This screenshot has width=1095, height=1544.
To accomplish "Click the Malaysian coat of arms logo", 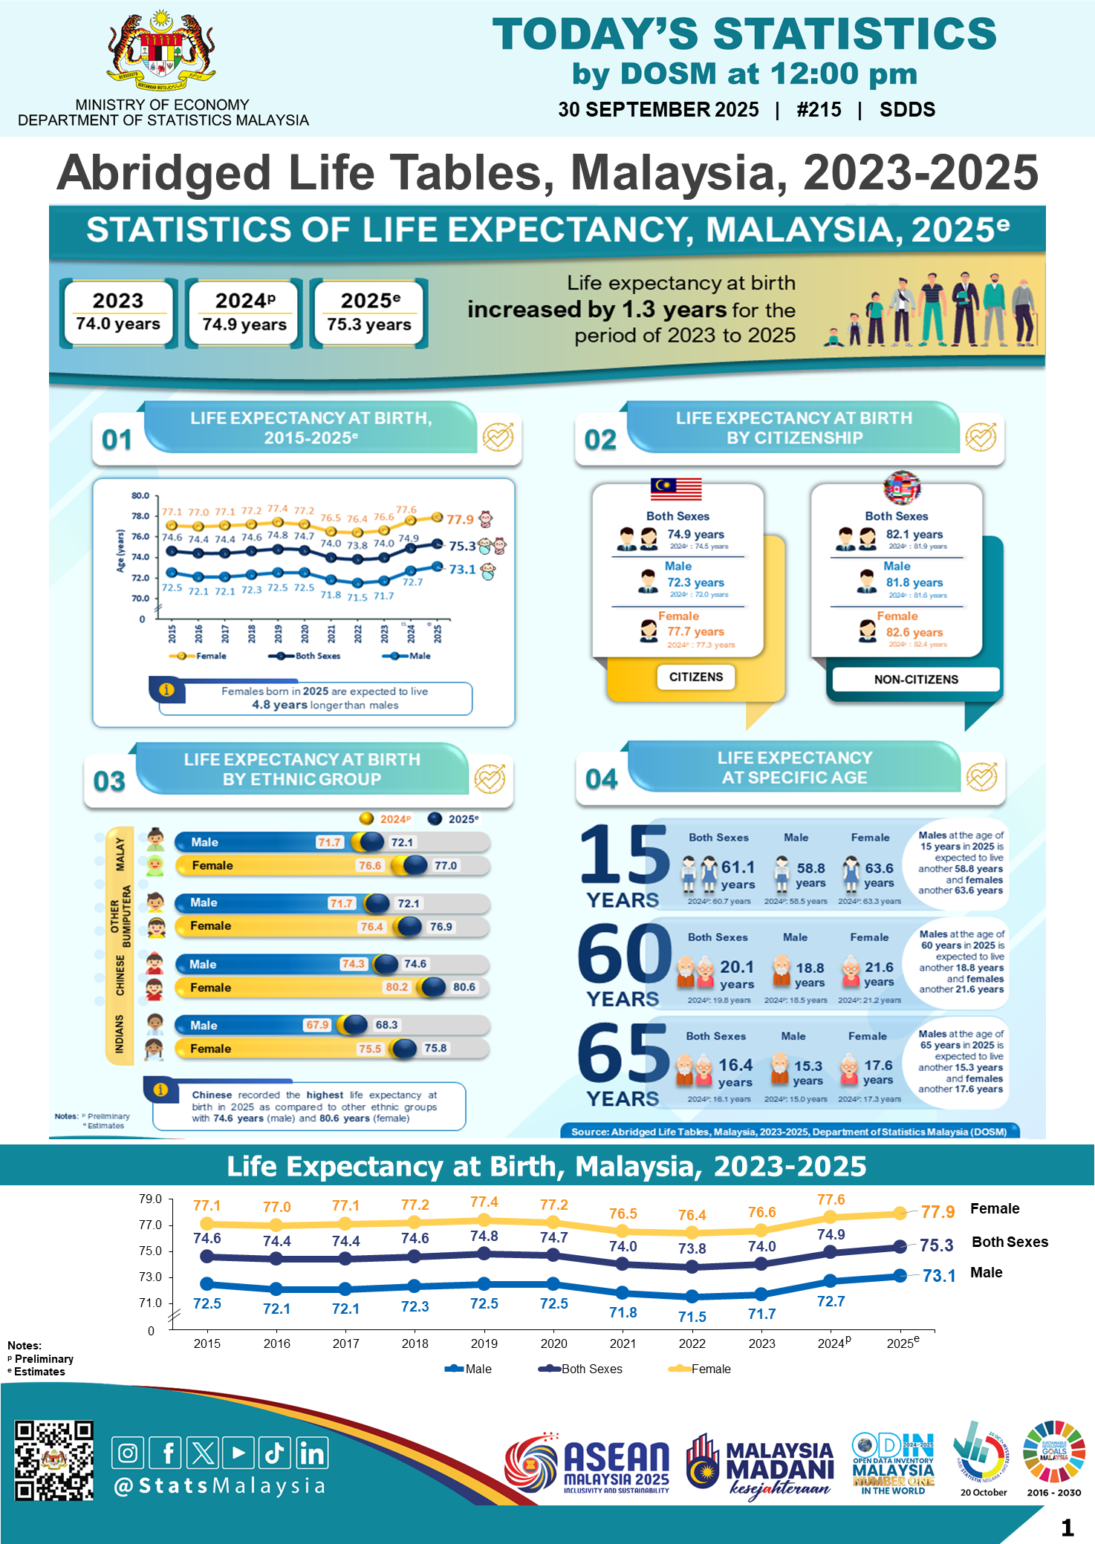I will (x=161, y=51).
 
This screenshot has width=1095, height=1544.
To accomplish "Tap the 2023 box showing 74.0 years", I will (x=118, y=313).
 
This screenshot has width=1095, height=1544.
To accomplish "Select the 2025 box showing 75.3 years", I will (x=369, y=313).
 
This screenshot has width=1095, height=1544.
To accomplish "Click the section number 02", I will (x=600, y=440).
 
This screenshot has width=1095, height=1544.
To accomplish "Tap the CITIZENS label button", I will (x=695, y=677).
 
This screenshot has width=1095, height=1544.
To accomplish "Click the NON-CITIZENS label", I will (x=915, y=680).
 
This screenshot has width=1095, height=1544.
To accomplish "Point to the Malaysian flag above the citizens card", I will (x=676, y=488).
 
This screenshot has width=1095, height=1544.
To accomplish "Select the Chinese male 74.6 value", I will (x=415, y=964).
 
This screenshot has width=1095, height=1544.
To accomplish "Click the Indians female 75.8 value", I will (x=435, y=1048).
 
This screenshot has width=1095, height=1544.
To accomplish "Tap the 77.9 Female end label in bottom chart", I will (x=938, y=1212).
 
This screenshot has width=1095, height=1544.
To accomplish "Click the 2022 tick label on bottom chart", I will (x=692, y=1343).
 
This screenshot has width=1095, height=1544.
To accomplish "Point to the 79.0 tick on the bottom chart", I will (x=150, y=1199).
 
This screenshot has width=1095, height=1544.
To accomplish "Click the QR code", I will (x=54, y=1460).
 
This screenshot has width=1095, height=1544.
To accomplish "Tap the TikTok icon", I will (x=275, y=1453).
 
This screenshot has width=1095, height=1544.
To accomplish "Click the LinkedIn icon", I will (x=312, y=1453).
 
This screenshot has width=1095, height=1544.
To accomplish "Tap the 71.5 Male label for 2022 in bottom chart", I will (x=692, y=1317).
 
